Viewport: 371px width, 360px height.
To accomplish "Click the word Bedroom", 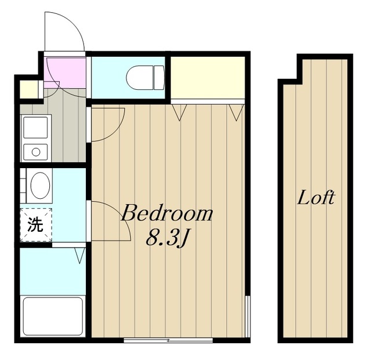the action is pos(167,213).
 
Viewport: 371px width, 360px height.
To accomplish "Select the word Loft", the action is pos(316,198).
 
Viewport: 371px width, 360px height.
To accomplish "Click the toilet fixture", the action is pos(146,78).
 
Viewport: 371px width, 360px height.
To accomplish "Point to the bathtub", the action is pos(53,316).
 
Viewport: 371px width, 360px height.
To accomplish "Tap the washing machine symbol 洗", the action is pos(36,224).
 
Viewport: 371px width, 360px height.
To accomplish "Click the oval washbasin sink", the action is pos(40,186).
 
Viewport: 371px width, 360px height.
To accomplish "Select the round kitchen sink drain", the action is pos(36,152).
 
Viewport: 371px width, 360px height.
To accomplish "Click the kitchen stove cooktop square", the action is pos(36,128).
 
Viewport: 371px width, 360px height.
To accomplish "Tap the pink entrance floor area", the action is pos(65,72).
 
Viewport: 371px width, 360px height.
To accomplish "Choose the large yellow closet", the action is pos(208,78).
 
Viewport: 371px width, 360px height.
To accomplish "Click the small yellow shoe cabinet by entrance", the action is pos(29,89).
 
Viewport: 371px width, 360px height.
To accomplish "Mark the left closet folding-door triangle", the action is pos(179,112).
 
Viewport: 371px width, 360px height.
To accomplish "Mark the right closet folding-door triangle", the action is pos(237,112).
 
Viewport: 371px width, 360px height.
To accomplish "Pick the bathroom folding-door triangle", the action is pos(80,256).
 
